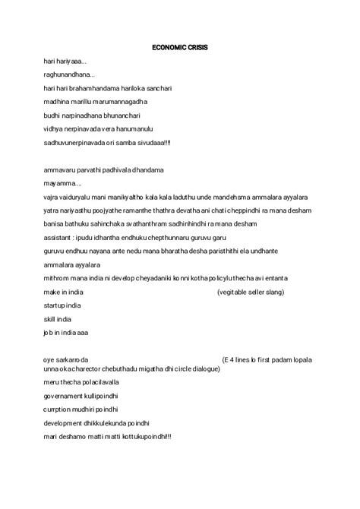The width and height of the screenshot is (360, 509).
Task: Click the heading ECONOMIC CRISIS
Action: tap(180, 47)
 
